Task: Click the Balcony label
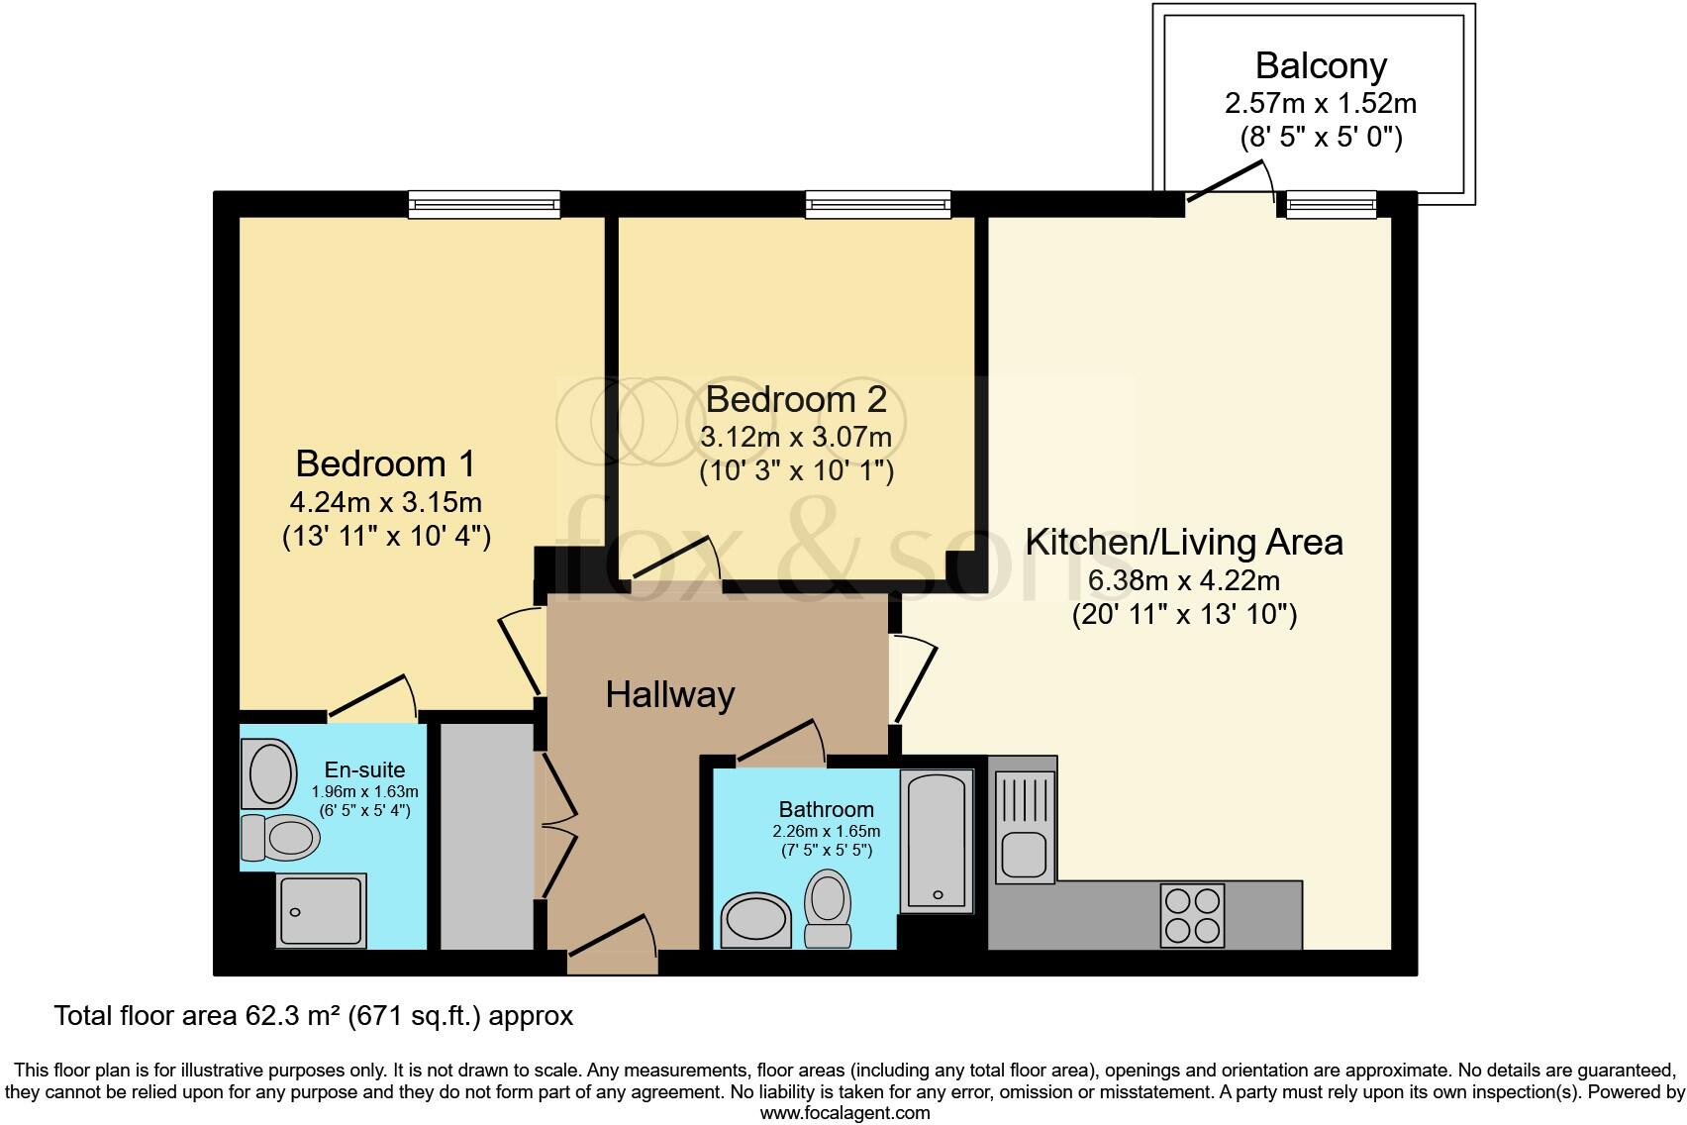(x=1321, y=65)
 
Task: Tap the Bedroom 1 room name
(x=385, y=463)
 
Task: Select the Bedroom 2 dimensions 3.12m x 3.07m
(x=796, y=437)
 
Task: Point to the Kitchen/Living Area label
(x=1184, y=543)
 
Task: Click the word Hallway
(x=670, y=694)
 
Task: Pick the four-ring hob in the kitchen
(x=1192, y=914)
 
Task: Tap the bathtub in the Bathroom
(x=937, y=841)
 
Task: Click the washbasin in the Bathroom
(x=757, y=921)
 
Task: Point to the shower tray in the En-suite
(x=322, y=909)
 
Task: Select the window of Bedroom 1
(x=485, y=205)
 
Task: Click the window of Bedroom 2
(x=878, y=205)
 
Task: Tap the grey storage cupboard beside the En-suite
(x=486, y=836)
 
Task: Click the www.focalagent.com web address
(x=844, y=1112)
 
